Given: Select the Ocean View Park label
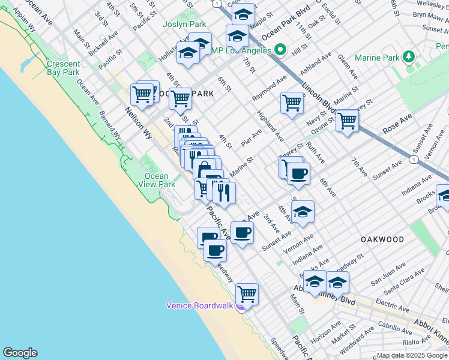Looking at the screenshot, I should (160, 180).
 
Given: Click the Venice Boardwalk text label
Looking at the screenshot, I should (199, 305).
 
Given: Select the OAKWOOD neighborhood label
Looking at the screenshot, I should (382, 239).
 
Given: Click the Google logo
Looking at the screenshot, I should (20, 353).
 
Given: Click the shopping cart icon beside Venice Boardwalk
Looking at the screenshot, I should (247, 294).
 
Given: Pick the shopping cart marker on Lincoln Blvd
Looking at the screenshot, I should (347, 120).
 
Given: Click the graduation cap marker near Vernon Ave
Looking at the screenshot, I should (303, 212).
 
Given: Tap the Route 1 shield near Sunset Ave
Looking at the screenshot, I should (414, 160).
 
